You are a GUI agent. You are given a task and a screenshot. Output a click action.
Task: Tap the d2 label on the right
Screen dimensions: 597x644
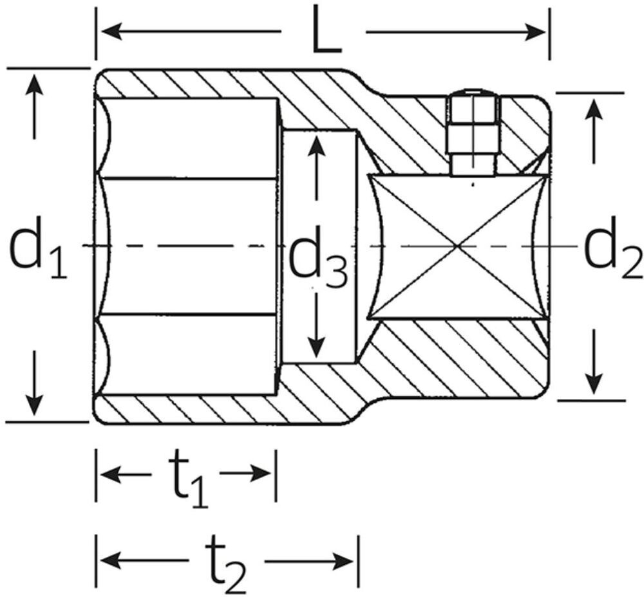click(612, 247)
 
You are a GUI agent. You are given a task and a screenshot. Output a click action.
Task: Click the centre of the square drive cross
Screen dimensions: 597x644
click(457, 246)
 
